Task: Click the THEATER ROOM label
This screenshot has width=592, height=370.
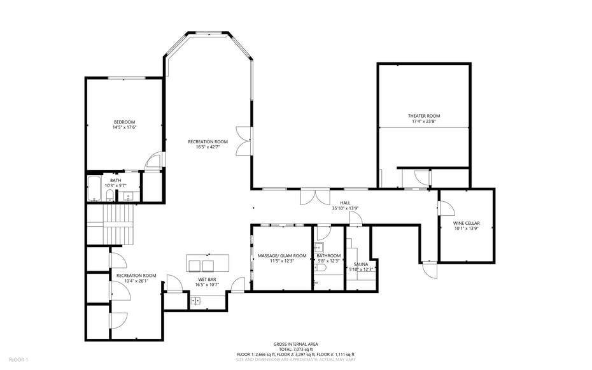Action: tap(424, 116)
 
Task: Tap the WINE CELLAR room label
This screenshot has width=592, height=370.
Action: tap(466, 224)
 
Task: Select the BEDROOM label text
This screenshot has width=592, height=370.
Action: tap(125, 122)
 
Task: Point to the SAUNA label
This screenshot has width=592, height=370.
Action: tap(360, 264)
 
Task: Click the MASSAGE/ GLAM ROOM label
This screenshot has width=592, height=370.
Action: tap(281, 256)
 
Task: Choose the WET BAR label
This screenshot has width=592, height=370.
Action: tap(207, 280)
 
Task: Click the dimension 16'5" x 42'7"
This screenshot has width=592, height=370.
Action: tap(208, 147)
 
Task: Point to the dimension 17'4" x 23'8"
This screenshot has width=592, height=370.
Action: tap(424, 122)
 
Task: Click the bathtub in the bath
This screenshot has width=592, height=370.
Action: tap(94, 189)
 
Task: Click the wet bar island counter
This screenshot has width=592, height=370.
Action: tap(208, 263)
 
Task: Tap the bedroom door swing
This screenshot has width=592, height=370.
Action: tap(153, 162)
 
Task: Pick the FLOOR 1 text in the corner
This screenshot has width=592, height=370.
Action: tap(18, 360)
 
